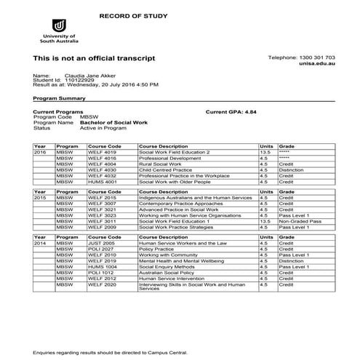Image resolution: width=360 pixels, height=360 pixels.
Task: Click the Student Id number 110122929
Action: (76, 80)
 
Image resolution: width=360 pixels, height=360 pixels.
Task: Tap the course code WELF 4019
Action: (101, 152)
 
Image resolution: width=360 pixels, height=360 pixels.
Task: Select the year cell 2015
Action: (40, 197)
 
